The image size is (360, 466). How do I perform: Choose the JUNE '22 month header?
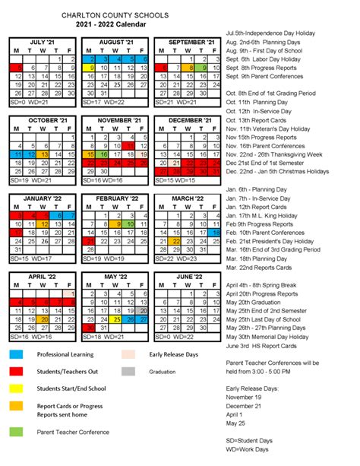tap(185, 276)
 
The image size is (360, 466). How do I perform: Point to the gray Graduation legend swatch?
tap(128, 372)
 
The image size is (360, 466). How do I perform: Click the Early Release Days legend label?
tap(174, 354)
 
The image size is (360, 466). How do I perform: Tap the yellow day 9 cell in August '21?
tap(91, 68)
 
